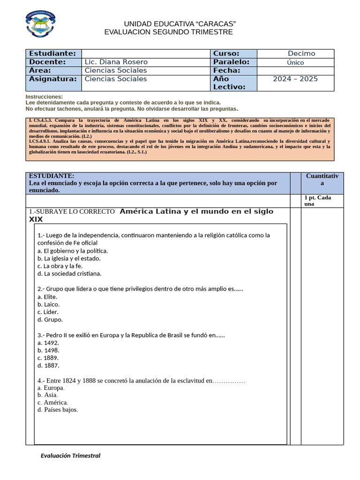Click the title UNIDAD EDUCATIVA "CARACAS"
tap(180, 24)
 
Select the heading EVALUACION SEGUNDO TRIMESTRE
tap(168, 32)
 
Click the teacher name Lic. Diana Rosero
tap(116, 62)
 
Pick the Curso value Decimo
tap(301, 53)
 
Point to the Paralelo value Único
tap(295, 62)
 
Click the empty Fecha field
tap(295, 70)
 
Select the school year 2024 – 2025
tap(295, 79)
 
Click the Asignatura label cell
tap(53, 79)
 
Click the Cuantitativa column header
tap(322, 180)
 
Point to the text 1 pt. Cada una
tap(318, 201)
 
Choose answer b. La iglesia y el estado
tap(69, 258)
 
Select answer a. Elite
tap(47, 297)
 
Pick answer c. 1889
tap(48, 358)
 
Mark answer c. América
tap(52, 402)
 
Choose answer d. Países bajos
tap(58, 410)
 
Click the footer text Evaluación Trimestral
tap(70, 455)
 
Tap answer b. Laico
tap(48, 304)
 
